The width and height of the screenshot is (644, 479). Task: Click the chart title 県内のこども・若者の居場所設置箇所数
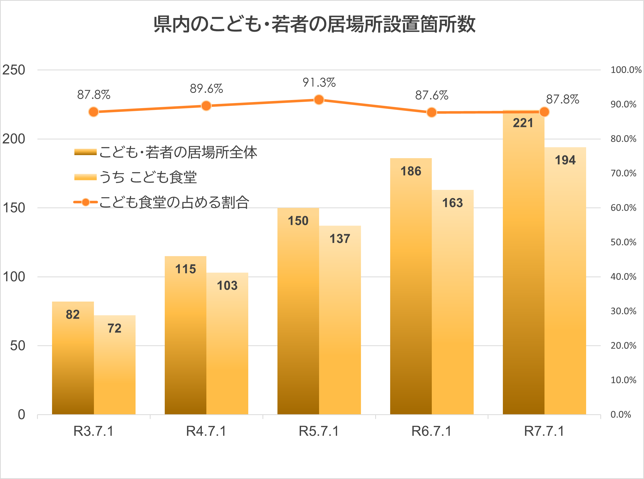coord(314,24)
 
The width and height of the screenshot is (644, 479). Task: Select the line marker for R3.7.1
coord(93,112)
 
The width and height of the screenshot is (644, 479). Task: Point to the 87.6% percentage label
coord(432,95)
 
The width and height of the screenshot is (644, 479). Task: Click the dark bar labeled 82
coord(73,359)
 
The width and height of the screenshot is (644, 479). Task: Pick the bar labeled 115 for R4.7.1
coord(185,336)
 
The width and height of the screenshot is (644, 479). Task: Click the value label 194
coord(565,160)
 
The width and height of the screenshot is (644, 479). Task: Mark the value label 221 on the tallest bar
coord(523,123)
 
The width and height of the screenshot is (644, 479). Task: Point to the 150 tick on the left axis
coord(14,208)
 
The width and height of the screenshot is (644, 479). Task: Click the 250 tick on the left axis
coord(14,70)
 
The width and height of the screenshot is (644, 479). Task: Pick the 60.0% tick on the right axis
coord(623,208)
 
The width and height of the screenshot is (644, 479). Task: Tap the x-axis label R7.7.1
coord(544,432)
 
